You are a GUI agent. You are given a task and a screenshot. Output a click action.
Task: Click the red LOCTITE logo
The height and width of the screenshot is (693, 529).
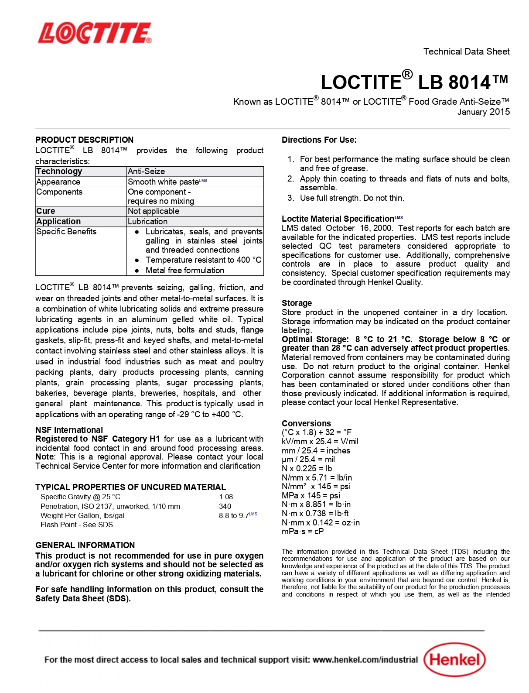pos(95,33)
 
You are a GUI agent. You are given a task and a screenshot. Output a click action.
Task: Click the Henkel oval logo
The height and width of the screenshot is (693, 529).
pos(454,659)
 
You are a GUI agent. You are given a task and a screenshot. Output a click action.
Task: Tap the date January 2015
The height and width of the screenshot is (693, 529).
pos(483,112)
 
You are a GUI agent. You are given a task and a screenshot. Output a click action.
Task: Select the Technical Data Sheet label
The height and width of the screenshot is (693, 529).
pos(466,51)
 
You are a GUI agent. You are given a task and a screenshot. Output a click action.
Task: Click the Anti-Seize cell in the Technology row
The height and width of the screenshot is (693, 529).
pos(147,172)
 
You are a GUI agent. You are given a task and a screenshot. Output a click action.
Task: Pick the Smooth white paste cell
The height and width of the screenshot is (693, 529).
pos(164,182)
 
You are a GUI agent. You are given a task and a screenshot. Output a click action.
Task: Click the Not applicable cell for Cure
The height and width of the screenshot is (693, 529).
pos(154,211)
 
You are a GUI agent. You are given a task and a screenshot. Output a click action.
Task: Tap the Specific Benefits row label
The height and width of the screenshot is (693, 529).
pos(66,232)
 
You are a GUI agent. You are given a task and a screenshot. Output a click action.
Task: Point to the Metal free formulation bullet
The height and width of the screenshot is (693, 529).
pos(184,271)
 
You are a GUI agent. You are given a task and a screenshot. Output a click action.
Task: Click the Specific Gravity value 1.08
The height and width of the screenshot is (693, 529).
pos(226,497)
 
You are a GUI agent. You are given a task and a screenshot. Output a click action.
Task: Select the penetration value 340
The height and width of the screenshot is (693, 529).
pos(225,506)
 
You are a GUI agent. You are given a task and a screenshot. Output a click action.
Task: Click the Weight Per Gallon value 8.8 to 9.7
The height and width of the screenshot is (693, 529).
pos(234,515)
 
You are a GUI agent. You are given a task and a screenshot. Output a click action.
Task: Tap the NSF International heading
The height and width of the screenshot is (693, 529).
pos(69,430)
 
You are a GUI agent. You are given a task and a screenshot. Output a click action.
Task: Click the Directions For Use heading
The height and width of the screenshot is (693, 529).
pos(319,140)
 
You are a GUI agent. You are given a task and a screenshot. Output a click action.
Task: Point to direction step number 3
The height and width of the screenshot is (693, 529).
pos(291,198)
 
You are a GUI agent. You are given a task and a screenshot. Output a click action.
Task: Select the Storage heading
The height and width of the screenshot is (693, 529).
pos(297,303)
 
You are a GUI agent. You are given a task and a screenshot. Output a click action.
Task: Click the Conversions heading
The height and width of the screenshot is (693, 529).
pos(306,423)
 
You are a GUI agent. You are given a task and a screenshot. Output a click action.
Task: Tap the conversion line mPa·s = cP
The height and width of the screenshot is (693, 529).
pos(303,532)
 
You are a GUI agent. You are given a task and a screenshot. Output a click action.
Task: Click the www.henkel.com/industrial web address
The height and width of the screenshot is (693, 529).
pos(365,659)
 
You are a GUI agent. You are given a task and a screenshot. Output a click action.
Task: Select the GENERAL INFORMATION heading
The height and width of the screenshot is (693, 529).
pos(85,545)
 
